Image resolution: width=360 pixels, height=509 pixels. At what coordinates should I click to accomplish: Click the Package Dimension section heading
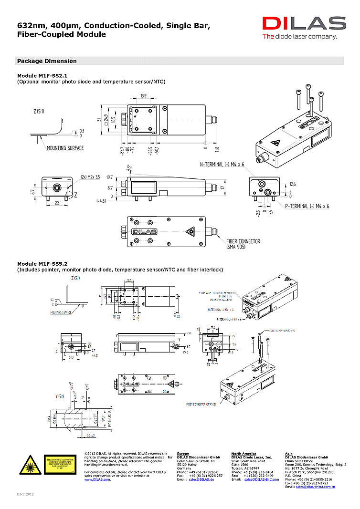coord(46,61)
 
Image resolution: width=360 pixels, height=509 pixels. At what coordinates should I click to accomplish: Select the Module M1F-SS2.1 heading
coord(42,75)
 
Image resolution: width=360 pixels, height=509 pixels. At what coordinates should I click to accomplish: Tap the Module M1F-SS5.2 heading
coord(42,263)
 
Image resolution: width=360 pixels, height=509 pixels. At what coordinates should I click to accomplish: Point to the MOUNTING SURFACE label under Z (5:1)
coord(65,148)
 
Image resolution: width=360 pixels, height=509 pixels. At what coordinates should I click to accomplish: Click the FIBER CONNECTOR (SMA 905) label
coord(243,244)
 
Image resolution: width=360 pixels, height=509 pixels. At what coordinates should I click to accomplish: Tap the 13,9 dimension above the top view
coord(143,96)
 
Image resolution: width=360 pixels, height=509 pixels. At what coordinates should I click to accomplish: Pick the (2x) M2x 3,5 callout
coord(90,177)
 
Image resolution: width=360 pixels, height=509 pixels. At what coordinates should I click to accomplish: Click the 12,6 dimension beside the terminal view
coord(293,184)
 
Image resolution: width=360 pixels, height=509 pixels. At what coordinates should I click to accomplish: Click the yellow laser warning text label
coord(60,464)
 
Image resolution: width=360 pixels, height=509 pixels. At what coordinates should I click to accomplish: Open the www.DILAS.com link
coord(97,479)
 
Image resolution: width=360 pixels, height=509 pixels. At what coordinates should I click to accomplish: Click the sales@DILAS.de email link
coord(201,479)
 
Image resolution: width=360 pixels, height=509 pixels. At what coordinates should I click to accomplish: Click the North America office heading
coord(244,454)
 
